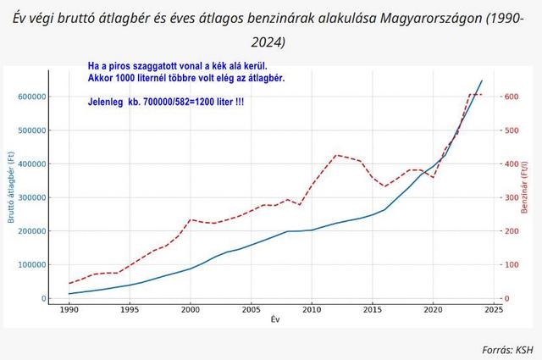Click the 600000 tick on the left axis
coord(30,97)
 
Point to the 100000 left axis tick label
coord(30,264)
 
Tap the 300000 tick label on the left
coord(30,197)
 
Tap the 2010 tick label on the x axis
coord(312,310)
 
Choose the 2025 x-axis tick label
coord(494,310)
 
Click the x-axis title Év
coord(275,320)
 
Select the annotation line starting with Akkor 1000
coord(186,78)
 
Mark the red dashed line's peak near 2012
coord(336,155)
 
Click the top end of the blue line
coord(482,80)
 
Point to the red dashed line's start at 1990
coord(69,283)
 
